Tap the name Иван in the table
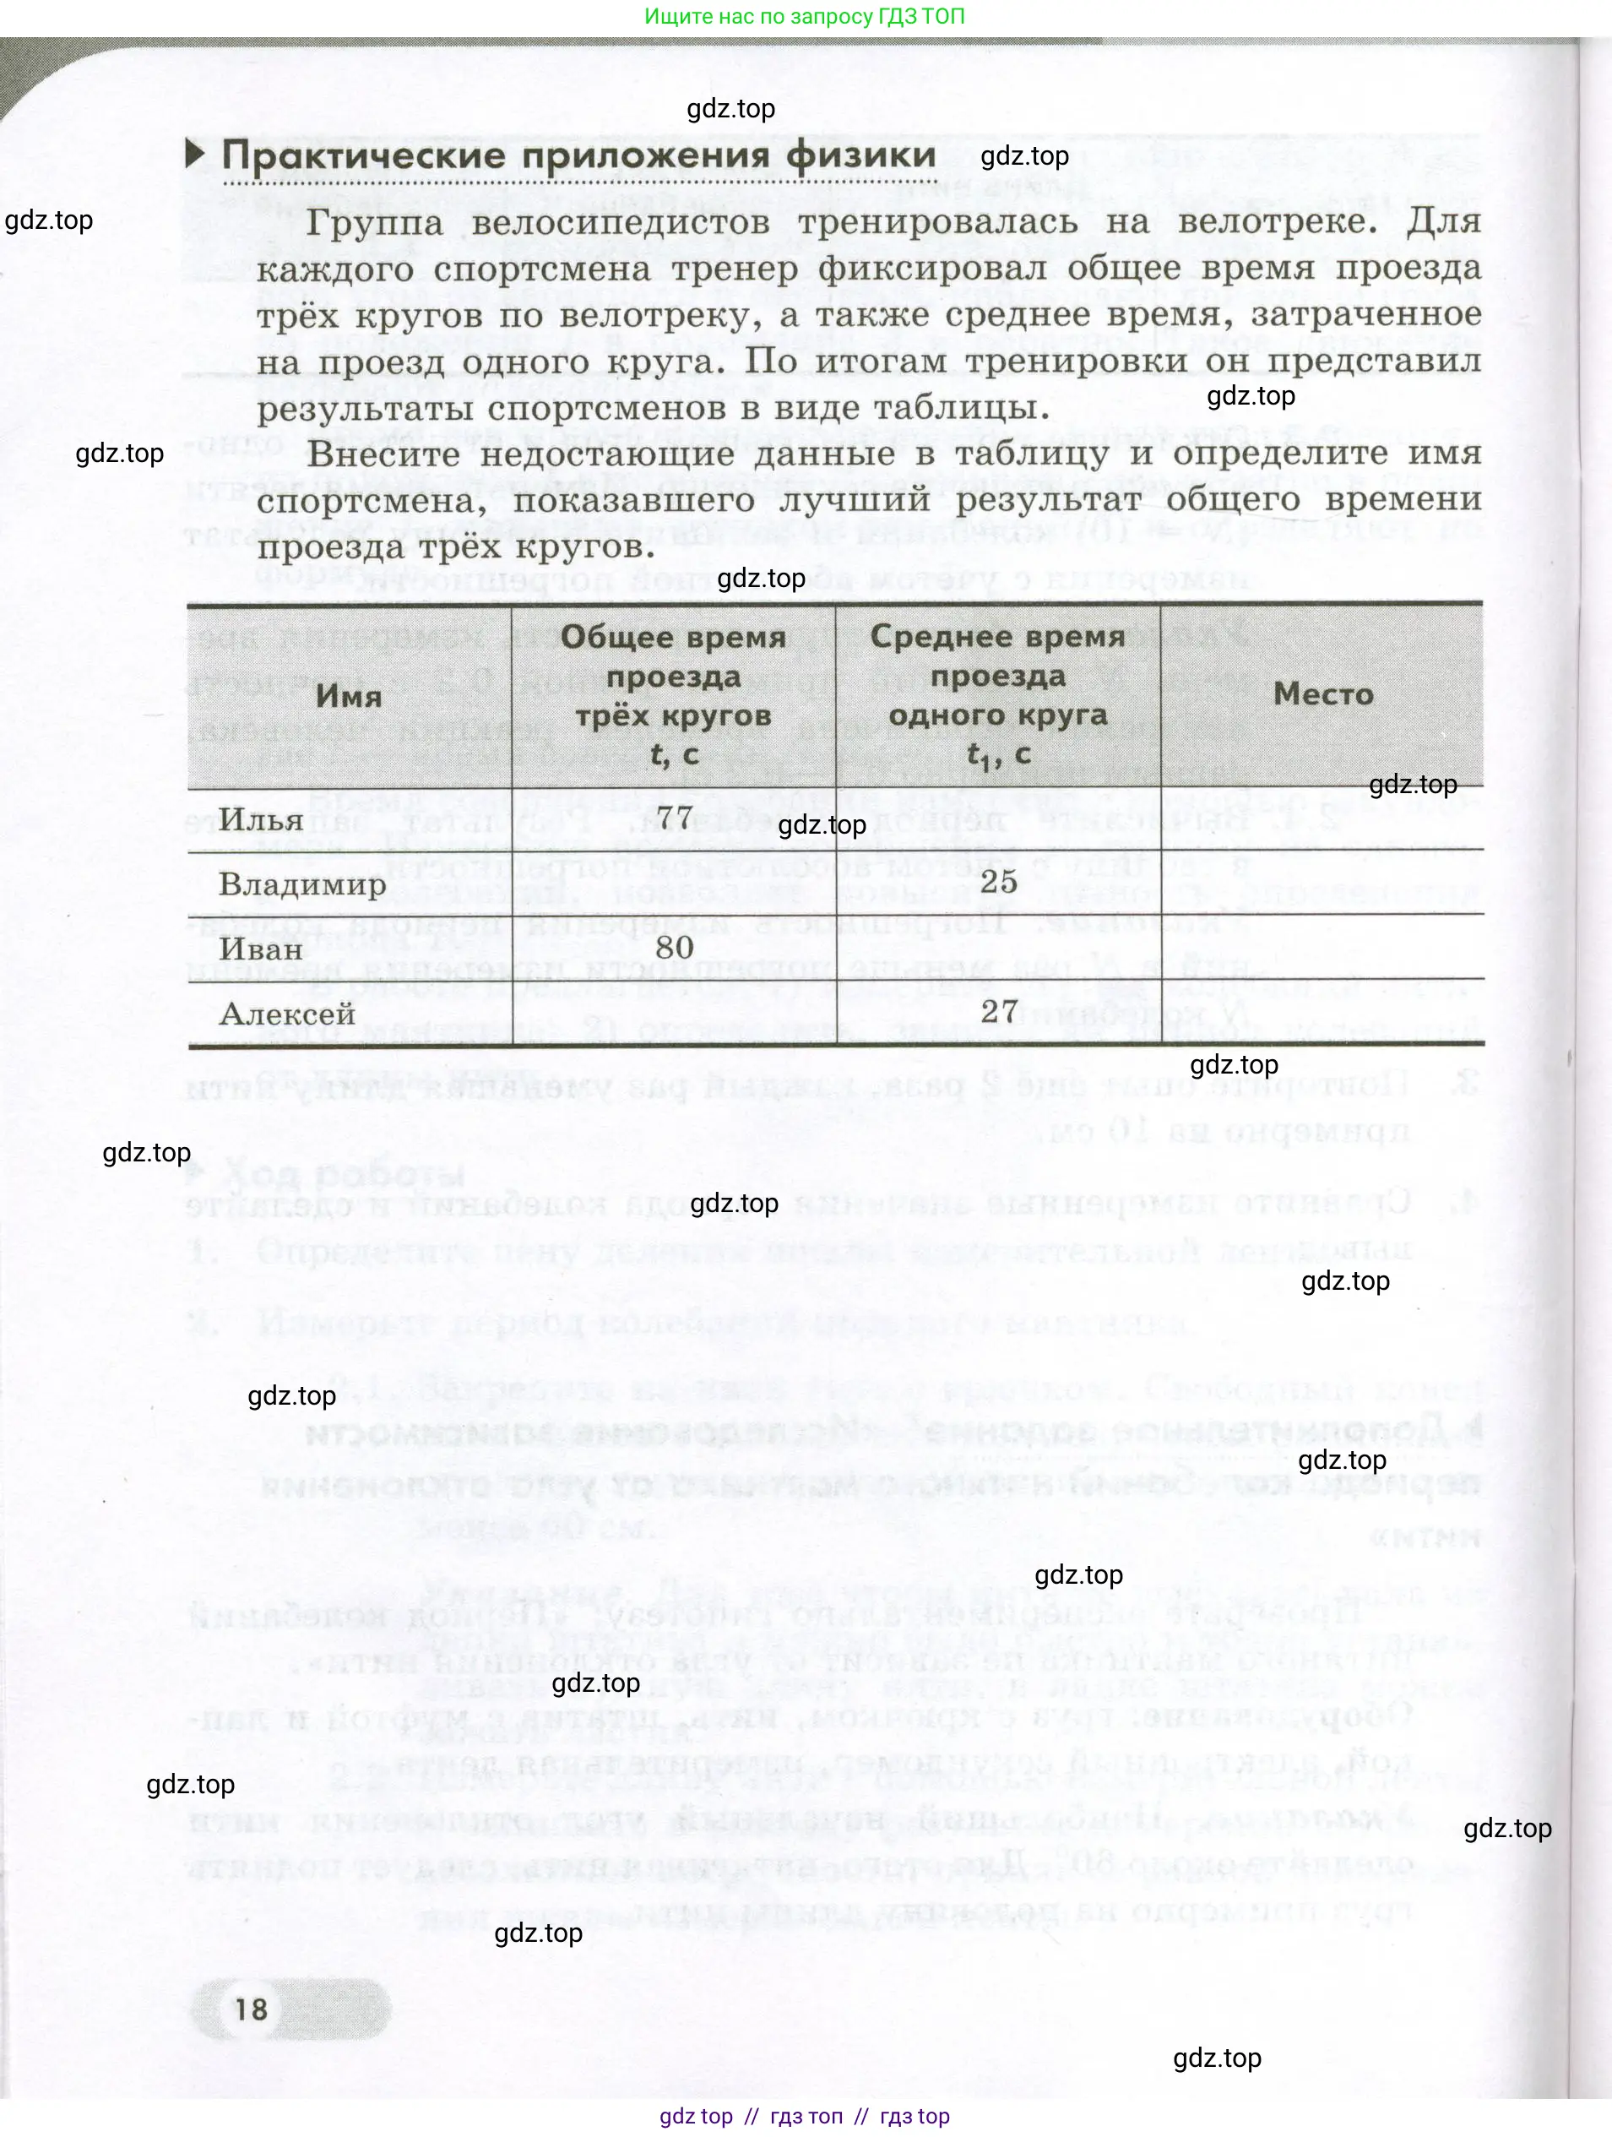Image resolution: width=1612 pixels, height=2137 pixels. point(261,949)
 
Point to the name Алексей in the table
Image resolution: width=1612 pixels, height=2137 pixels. point(287,1014)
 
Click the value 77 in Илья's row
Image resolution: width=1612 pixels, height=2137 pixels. point(674,818)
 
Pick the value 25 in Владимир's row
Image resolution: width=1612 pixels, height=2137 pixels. point(999,881)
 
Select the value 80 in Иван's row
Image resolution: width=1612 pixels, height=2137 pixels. point(674,947)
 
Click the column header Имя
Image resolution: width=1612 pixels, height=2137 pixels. point(349,696)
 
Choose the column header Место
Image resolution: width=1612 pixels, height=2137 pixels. point(1322,693)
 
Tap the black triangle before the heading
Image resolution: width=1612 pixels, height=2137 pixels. point(195,153)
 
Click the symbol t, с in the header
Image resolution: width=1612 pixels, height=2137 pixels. point(673,754)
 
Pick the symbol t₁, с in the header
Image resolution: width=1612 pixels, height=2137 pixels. point(998,754)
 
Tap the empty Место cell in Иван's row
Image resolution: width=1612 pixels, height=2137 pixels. point(1322,947)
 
